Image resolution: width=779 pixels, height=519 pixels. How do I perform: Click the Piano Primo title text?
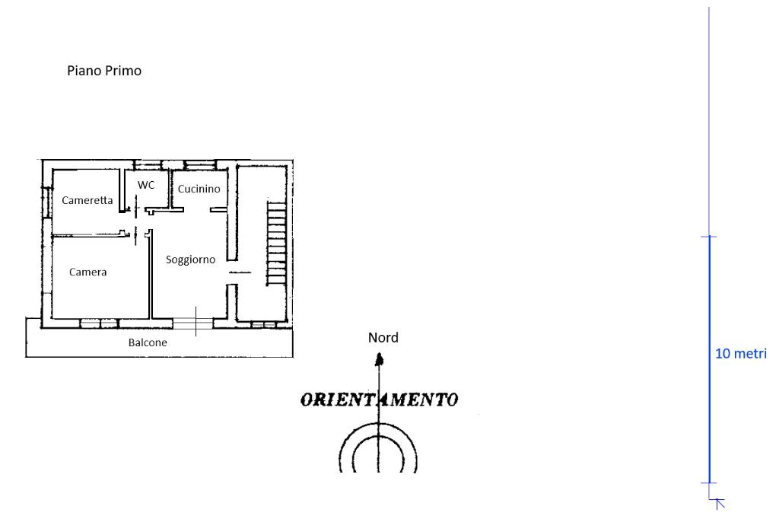coord(104,71)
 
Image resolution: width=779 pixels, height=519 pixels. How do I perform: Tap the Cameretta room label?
coord(87,200)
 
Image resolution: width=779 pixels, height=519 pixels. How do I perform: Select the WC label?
coord(146,185)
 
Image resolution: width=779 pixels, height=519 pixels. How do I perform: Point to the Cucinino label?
coord(199,189)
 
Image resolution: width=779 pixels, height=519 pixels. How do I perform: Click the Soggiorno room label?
coord(190,259)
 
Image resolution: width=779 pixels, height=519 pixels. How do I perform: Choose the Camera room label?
coord(87,272)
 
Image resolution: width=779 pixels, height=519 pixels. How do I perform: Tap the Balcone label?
coord(148,342)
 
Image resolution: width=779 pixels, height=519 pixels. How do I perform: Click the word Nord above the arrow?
coord(383,337)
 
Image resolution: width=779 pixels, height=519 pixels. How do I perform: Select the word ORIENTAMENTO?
coord(379,400)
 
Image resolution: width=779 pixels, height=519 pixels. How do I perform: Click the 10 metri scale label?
coord(741,354)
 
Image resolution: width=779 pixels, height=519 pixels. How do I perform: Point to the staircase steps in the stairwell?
coord(276,241)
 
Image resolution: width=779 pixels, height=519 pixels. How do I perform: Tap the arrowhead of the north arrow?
coord(378,355)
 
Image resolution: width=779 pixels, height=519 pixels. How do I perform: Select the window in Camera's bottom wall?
coord(99,323)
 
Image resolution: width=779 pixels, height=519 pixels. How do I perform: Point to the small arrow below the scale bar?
coord(719,502)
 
